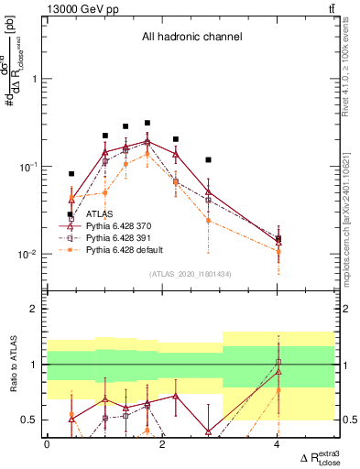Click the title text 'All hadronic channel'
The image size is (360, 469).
(191, 38)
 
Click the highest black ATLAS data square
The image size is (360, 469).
(147, 123)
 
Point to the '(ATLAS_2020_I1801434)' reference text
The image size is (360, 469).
(191, 274)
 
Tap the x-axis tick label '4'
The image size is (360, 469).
(277, 444)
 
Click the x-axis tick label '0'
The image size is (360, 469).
(47, 444)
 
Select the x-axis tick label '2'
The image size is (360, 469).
(162, 444)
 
